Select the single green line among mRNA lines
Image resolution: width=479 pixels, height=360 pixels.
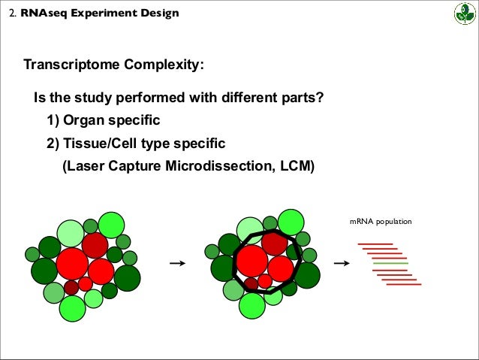coord(390,263)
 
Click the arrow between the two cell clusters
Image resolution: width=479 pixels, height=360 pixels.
coord(178,263)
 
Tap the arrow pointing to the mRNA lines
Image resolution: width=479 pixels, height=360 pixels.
coord(342,263)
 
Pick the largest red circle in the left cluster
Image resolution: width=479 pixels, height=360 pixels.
coord(73,264)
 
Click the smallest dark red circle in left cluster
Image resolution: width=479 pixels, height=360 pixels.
coord(71,287)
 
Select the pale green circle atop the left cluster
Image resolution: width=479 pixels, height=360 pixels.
coord(71,233)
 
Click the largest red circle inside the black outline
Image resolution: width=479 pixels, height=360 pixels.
coord(252,262)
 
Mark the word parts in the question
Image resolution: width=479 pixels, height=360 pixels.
coord(303,98)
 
